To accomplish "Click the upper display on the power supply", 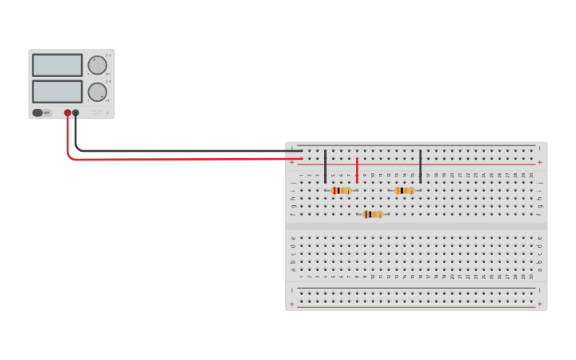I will coord(57,65).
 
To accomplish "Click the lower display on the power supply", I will coord(57,91).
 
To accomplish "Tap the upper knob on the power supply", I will coord(97,65).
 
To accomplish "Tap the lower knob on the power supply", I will coord(97,92).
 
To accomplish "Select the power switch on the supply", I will coord(37,113).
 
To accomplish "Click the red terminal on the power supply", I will coord(68,113).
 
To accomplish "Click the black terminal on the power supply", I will coord(75,113).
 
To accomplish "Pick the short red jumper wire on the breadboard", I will coord(357,170).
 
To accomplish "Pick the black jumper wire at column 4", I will coord(325,166).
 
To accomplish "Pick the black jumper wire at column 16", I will coord(420,166).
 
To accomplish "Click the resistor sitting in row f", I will coord(373,214).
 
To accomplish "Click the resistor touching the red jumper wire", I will coord(341,191).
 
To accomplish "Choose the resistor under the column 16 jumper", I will coord(404,191).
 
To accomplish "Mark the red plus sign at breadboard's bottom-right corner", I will coord(540,304).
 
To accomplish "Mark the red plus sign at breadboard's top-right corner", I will coord(540,162).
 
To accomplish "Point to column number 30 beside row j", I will coord(532,175).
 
